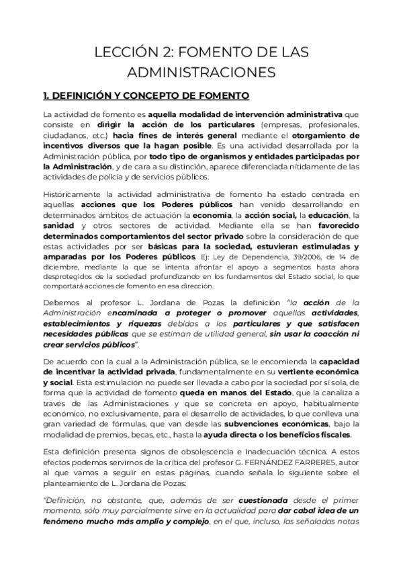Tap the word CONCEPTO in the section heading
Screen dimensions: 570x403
pos(161,95)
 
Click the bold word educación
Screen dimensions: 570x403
pos(323,215)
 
